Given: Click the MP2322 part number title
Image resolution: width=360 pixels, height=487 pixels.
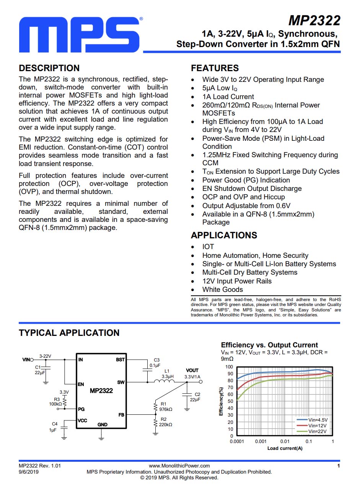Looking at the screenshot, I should point(314,20).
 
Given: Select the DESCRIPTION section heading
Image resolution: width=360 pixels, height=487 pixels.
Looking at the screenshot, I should point(49,68).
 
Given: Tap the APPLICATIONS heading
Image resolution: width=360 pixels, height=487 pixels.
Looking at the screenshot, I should point(224,235).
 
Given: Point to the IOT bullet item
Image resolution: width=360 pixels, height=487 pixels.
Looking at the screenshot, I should point(208,247).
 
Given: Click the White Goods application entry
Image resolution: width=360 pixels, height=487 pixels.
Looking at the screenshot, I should point(222,290).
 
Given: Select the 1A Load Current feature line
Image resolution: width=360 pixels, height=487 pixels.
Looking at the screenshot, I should point(228,97).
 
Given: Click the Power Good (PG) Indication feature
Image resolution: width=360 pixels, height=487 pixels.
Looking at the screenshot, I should point(246,180).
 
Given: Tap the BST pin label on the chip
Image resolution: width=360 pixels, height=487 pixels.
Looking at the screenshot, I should point(120,360).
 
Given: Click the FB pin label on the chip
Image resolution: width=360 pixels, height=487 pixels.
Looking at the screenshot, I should point(121,414).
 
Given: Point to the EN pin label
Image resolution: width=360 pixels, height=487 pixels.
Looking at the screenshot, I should point(81,384).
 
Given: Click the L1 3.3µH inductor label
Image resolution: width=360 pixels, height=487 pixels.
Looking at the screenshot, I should point(167,374).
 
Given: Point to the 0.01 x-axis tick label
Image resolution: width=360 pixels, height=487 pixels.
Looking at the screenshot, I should point(285,441).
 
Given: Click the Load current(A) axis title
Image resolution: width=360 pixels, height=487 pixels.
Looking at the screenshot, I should point(285,448).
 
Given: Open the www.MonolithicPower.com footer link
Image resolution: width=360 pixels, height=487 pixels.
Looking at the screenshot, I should point(179,466).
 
